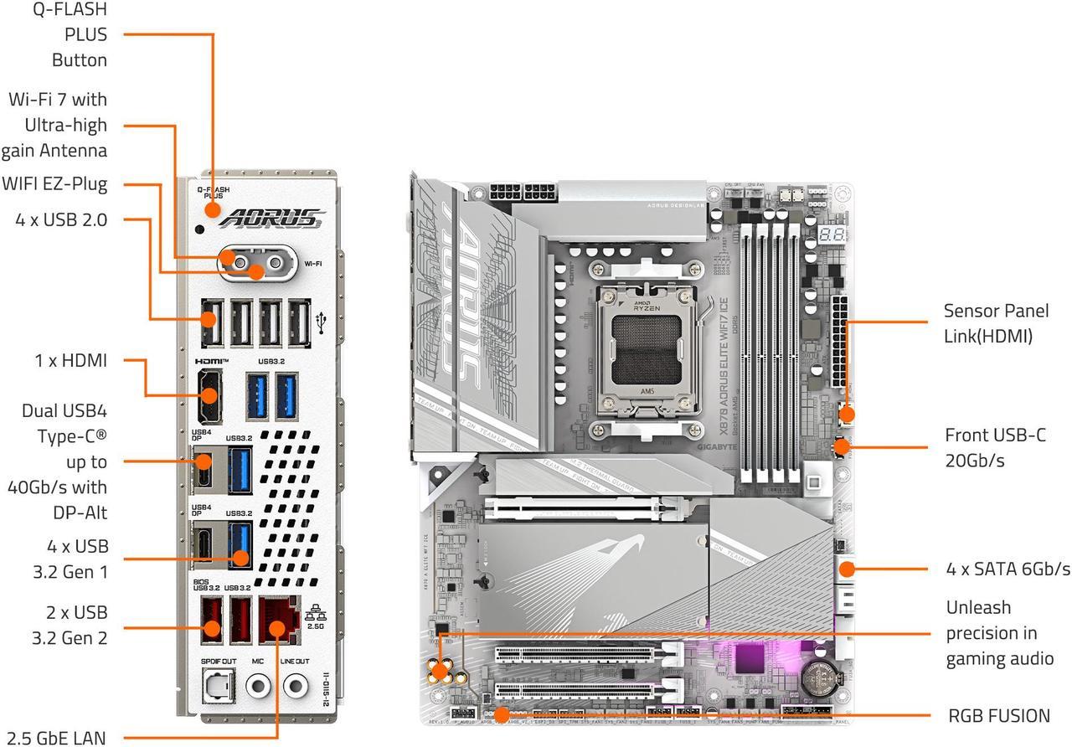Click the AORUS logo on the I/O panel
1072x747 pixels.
[271, 218]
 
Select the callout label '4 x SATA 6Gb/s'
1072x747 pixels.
[1008, 569]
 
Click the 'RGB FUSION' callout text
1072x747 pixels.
[998, 716]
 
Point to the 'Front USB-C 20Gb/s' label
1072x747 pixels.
[995, 448]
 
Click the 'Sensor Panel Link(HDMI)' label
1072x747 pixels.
[996, 323]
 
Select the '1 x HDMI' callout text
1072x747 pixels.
[70, 361]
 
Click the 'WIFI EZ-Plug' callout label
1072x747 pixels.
[55, 183]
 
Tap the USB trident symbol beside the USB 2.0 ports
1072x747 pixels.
[323, 319]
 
